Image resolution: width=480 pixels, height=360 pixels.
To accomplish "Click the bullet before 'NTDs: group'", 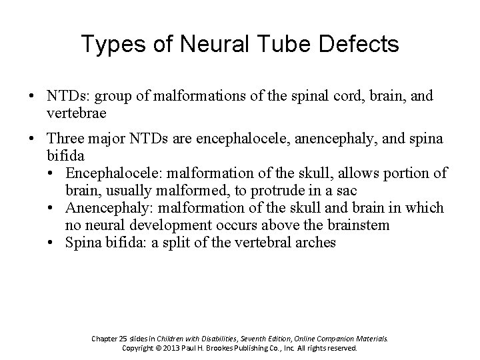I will click(x=32, y=97).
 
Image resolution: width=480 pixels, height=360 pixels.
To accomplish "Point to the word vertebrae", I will click(x=77, y=113).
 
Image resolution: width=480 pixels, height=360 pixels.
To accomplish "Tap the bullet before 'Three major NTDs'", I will click(x=32, y=139).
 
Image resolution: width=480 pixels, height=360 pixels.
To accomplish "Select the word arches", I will click(x=317, y=243).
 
